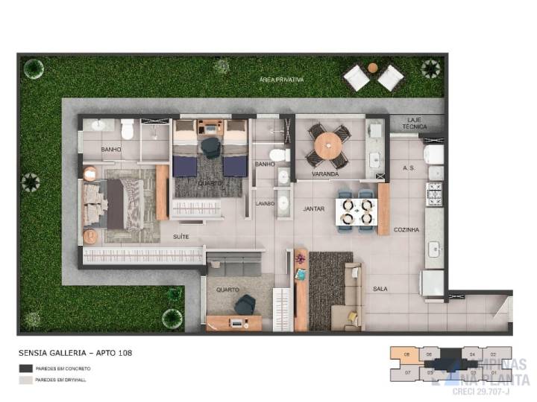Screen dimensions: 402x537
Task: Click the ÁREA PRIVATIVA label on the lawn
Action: click(x=281, y=79)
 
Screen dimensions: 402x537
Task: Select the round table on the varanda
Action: click(x=327, y=145)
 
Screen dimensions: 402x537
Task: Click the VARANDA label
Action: click(x=325, y=174)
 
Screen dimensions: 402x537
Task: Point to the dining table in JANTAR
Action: click(x=356, y=210)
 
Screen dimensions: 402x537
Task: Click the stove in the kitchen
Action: click(x=434, y=194)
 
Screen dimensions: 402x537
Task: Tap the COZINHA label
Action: click(x=406, y=230)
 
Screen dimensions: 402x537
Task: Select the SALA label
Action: click(x=380, y=288)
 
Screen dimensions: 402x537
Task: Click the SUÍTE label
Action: click(x=180, y=236)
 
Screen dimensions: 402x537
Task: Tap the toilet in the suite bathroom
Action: click(x=128, y=130)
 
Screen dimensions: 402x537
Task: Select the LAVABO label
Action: click(x=264, y=203)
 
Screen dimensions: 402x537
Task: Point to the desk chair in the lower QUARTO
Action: click(x=245, y=304)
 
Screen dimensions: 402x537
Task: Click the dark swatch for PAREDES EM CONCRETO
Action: click(x=26, y=368)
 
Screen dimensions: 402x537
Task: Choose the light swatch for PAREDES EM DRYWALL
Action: click(x=26, y=380)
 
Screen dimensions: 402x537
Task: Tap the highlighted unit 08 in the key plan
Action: click(x=407, y=354)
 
